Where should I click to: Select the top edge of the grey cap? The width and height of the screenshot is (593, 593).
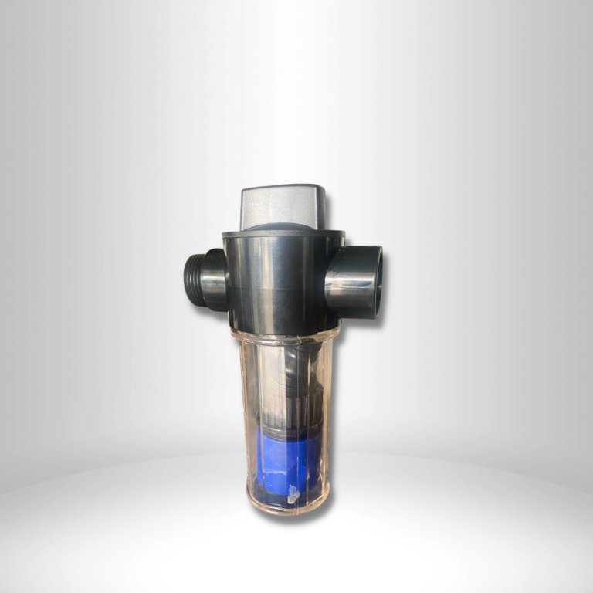pyautogui.click(x=283, y=188)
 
